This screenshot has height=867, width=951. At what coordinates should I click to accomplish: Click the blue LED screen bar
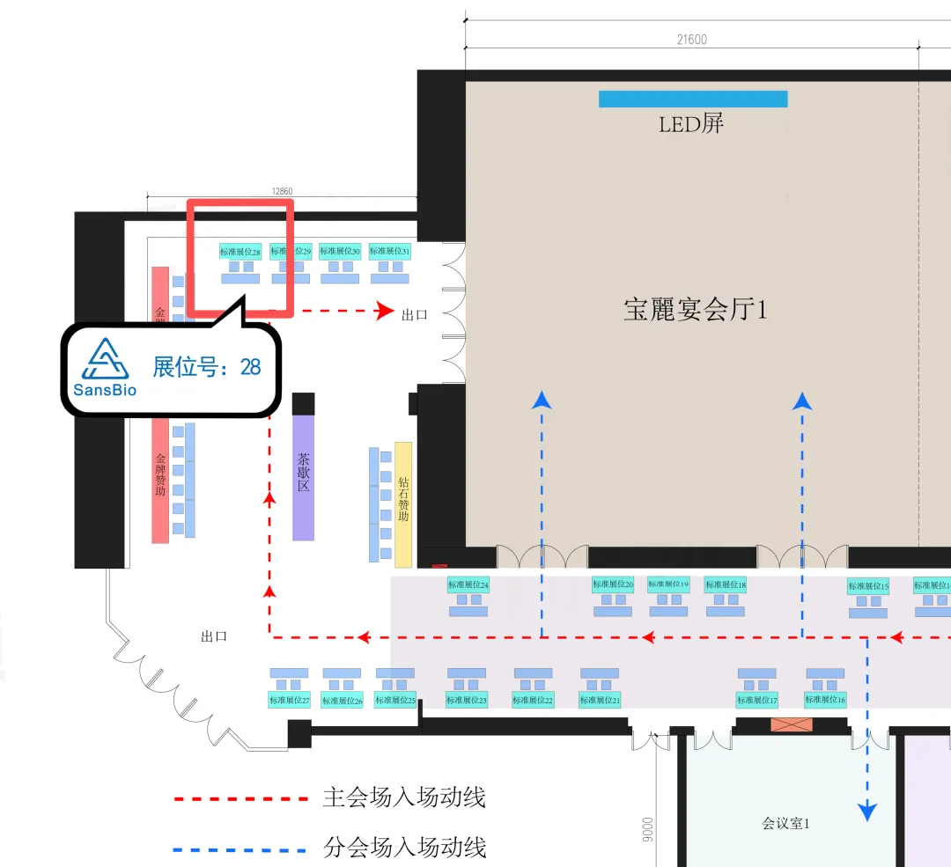point(693,99)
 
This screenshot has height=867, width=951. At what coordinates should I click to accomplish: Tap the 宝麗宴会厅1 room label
point(696,310)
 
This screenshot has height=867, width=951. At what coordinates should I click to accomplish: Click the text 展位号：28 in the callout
point(207,367)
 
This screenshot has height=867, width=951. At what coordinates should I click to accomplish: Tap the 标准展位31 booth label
point(390,251)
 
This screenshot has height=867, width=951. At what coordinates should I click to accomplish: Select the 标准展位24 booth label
point(468,584)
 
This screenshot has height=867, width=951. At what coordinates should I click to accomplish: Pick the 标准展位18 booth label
point(726,584)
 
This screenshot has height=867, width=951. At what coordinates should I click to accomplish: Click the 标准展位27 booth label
point(290,701)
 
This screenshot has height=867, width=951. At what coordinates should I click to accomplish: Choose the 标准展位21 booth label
point(600,701)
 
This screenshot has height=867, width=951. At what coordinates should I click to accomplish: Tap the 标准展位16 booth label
point(825,700)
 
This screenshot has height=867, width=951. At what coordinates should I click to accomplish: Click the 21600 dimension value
point(692,39)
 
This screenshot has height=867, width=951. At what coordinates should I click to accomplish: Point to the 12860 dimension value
point(282,190)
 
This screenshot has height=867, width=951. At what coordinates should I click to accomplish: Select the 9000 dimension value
point(648,828)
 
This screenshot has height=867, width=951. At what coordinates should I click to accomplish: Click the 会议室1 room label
point(785,824)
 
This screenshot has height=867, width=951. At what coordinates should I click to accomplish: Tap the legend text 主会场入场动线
point(404,798)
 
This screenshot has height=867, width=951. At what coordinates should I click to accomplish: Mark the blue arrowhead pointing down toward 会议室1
point(868,811)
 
